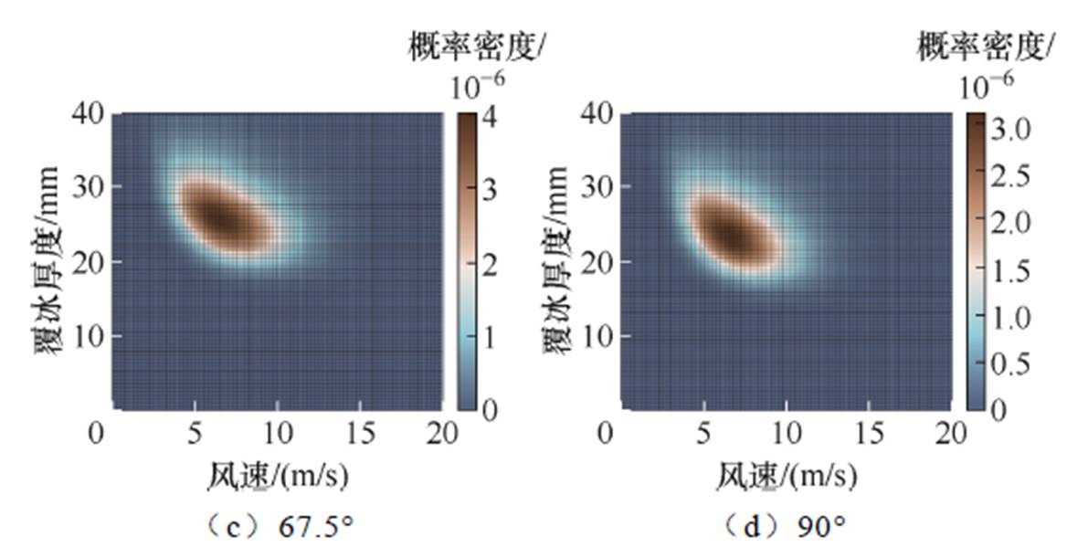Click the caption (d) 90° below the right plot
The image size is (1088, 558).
pyautogui.click(x=785, y=527)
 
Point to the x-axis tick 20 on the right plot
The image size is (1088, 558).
pyautogui.click(x=949, y=432)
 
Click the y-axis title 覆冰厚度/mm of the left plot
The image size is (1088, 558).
pyautogui.click(x=48, y=261)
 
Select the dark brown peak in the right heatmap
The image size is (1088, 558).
pyautogui.click(x=731, y=233)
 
